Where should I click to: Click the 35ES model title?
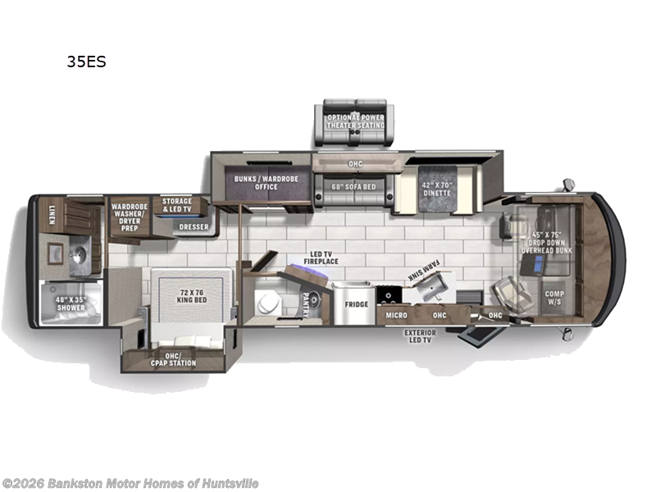[x=87, y=61]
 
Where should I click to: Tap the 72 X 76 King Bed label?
[x=192, y=296]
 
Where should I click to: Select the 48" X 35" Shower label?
[x=71, y=303]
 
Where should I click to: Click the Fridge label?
[x=357, y=304]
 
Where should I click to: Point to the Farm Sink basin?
[x=432, y=286]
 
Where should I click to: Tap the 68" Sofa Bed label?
[x=354, y=187]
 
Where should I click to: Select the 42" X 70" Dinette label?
[x=437, y=189]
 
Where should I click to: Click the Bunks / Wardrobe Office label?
[x=266, y=183]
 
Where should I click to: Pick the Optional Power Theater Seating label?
[x=356, y=121]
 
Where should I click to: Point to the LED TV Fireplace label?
[x=321, y=257]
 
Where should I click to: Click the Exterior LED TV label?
[x=420, y=336]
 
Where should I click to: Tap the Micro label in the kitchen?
[x=396, y=315]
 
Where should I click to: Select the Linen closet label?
[x=52, y=215]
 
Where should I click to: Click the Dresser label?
[x=194, y=227]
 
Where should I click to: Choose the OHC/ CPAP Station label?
[x=173, y=359]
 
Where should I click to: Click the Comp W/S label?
[x=554, y=298]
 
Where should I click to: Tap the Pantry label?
[x=306, y=305]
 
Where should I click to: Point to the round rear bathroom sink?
[x=80, y=254]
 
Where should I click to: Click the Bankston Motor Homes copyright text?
[x=130, y=483]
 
